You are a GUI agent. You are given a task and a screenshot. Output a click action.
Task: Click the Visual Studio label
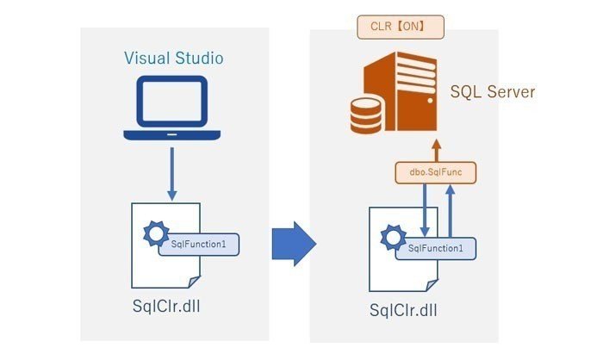point(173,58)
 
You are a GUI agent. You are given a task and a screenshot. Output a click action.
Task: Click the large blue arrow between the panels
point(294,244)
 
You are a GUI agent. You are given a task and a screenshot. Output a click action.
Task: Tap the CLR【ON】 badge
point(402,27)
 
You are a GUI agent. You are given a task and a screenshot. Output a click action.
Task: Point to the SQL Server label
point(493,91)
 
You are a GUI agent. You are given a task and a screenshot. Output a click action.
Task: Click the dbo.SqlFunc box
point(437,172)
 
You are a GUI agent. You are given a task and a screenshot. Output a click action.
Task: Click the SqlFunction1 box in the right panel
point(435,248)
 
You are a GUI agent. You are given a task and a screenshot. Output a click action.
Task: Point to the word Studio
point(197,58)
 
